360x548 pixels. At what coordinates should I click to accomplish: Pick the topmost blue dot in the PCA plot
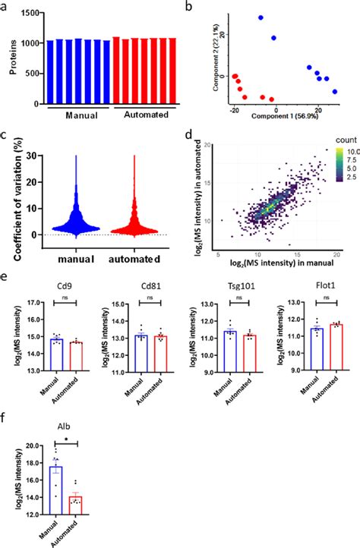point(261,17)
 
